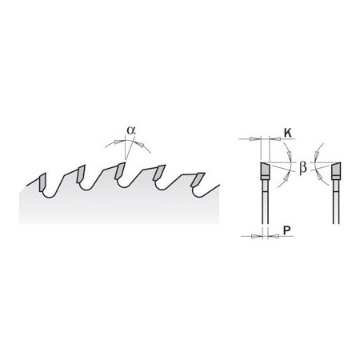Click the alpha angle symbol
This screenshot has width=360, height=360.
click(x=131, y=130)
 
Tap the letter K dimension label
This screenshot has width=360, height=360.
click(x=287, y=133)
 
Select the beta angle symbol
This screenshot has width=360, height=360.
click(x=302, y=168)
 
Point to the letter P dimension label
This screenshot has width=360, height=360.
click(x=286, y=230)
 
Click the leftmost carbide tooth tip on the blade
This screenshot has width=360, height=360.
click(x=42, y=182)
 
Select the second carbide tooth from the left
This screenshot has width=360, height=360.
click(x=81, y=174)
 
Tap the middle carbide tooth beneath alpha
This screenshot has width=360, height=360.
click(x=119, y=170)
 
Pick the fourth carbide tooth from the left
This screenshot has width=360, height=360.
click(x=159, y=173)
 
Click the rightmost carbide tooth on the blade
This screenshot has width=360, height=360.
click(x=198, y=180)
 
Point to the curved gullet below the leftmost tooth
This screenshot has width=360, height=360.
click(x=50, y=197)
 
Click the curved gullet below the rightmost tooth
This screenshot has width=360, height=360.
click(x=198, y=195)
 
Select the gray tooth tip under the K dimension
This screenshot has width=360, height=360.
click(x=265, y=170)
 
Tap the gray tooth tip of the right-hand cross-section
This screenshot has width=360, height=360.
click(x=336, y=170)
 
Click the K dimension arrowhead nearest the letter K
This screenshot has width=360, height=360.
click(x=274, y=139)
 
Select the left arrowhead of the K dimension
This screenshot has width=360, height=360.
click(x=254, y=139)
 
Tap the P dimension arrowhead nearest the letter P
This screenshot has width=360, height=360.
click(x=272, y=236)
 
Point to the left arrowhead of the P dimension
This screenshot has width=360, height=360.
click(x=257, y=236)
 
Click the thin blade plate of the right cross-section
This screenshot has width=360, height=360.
click(x=336, y=202)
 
